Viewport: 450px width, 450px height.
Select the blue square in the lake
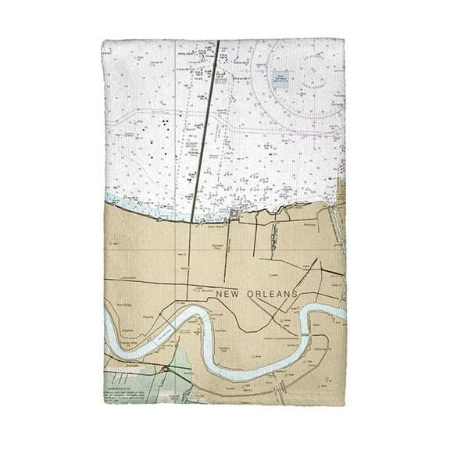pyautogui.click(x=280, y=77)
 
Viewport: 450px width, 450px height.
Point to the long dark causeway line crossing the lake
pyautogui.click(x=207, y=125)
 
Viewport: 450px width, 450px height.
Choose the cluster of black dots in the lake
pyautogui.click(x=167, y=125)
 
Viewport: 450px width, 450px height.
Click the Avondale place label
pyautogui.click(x=117, y=364)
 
